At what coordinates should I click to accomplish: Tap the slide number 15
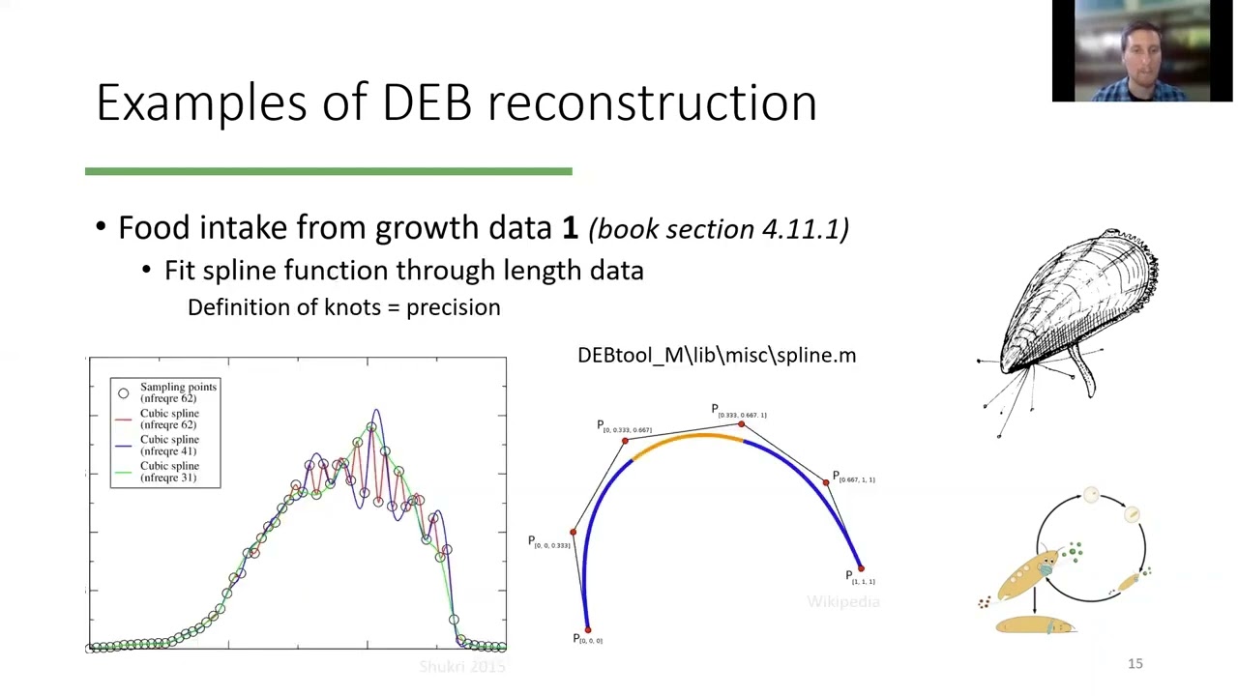point(1135,663)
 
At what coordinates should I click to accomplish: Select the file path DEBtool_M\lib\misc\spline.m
point(716,356)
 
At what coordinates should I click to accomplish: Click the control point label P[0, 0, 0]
point(587,640)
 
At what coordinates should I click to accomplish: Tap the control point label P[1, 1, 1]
point(860,578)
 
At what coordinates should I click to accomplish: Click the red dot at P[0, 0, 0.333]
point(573,532)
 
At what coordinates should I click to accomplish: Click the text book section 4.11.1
point(719,229)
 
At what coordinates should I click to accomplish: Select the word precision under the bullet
point(453,307)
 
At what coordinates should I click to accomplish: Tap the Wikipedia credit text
point(843,602)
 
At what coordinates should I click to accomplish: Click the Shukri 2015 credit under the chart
point(462,667)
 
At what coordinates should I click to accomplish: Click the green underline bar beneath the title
point(329,172)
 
